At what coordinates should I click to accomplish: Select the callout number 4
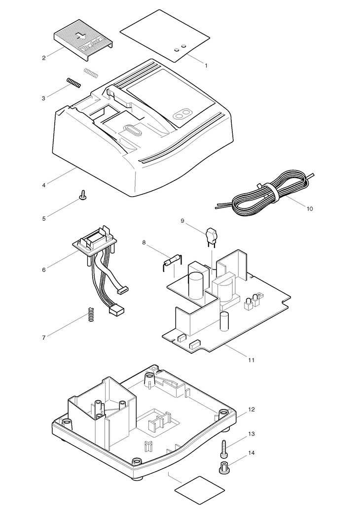click(44, 185)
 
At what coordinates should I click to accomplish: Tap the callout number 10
click(310, 208)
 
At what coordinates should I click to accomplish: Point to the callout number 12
click(252, 410)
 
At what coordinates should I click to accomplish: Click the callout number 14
click(252, 452)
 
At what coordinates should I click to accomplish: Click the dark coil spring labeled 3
click(73, 83)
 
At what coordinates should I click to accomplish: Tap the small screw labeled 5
click(83, 197)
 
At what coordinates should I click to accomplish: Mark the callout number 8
click(144, 242)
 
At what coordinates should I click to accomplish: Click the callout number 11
click(251, 360)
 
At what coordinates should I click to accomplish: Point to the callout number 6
click(44, 270)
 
